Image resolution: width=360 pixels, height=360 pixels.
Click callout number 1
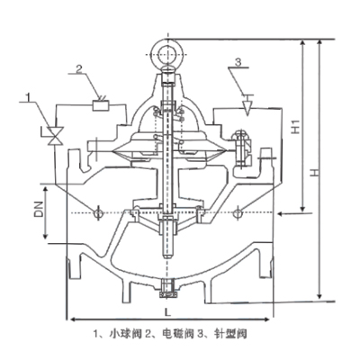coord(29,97)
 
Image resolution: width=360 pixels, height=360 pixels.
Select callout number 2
coord(78,69)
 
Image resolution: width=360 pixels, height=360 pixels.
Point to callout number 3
coord(238,62)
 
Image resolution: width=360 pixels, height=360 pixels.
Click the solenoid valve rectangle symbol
coord(101,105)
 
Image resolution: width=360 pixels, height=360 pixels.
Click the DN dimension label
coord(39,209)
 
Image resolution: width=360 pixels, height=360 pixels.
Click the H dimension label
coord(314,172)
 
